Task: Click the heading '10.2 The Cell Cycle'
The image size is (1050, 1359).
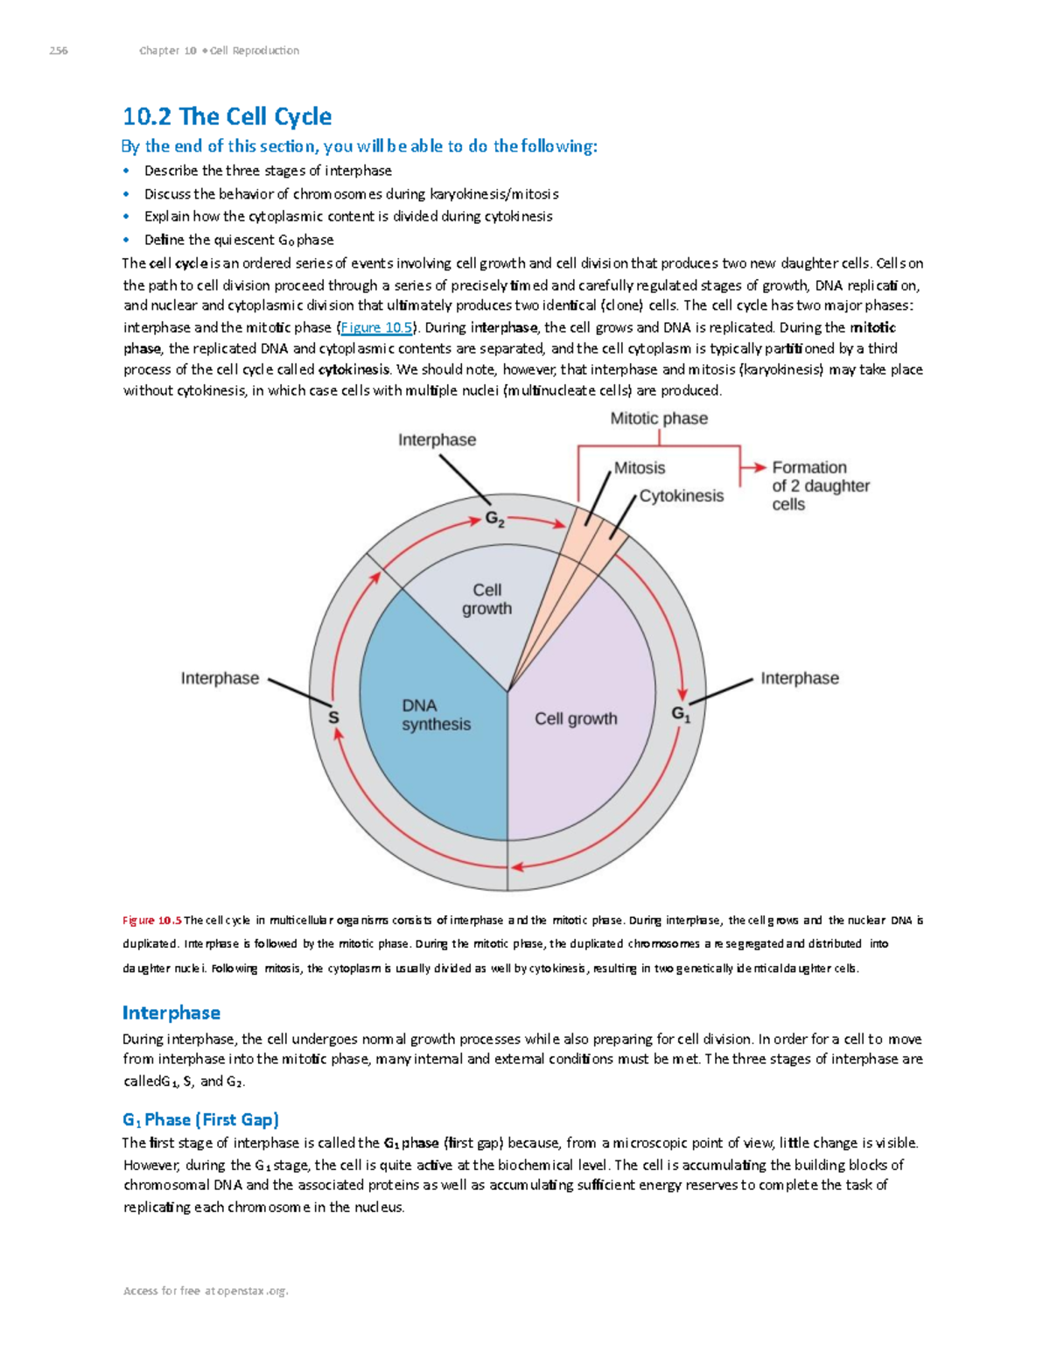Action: click(227, 116)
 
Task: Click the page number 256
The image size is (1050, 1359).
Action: click(59, 51)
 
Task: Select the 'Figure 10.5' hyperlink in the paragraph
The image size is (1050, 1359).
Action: click(376, 327)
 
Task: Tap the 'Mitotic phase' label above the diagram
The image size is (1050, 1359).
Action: click(659, 418)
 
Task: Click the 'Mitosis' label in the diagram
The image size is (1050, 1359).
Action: click(640, 468)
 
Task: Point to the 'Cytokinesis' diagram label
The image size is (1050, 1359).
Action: click(682, 496)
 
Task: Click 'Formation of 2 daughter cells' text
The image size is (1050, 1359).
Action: click(820, 486)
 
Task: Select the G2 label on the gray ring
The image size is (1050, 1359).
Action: click(494, 520)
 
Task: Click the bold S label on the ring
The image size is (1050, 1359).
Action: click(333, 718)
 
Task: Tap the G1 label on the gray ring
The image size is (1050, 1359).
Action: click(681, 714)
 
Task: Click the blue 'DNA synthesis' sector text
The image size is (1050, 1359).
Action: click(436, 715)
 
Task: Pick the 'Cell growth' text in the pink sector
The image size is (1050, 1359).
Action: click(576, 718)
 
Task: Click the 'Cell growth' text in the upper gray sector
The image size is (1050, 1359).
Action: click(486, 599)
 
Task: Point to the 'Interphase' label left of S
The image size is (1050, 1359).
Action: click(220, 678)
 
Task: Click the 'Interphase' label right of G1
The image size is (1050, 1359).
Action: click(799, 678)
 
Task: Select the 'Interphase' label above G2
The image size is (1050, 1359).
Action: click(437, 440)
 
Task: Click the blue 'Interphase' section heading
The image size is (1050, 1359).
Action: click(171, 1012)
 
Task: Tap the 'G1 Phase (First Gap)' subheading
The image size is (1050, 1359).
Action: click(200, 1119)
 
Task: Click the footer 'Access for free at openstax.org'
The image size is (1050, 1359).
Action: click(206, 1291)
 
